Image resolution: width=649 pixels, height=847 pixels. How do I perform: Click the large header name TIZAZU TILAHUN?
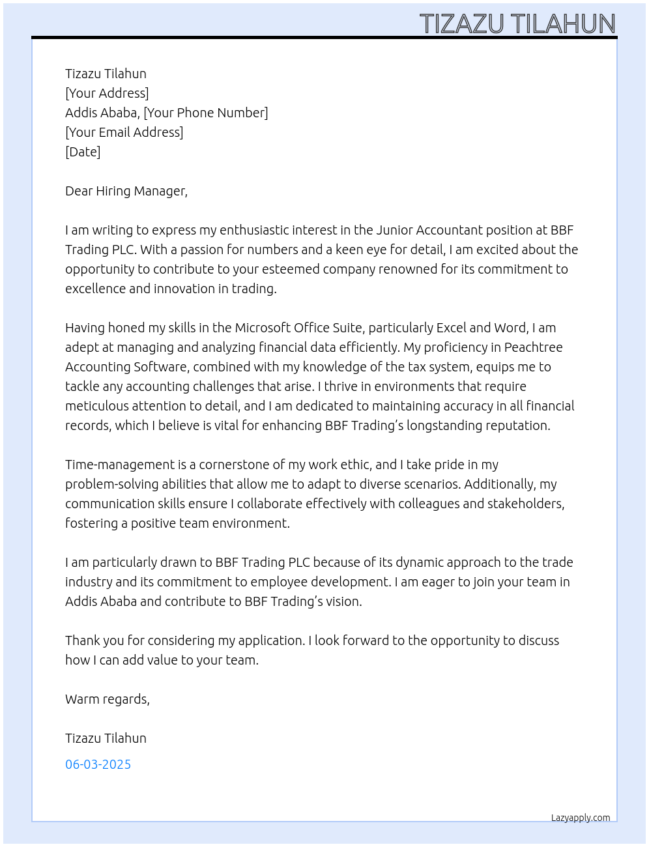(x=517, y=24)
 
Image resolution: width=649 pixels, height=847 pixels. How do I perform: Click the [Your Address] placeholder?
(x=107, y=93)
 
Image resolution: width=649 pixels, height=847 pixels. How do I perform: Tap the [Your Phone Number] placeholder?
(x=205, y=113)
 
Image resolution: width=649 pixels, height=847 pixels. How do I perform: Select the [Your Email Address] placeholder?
(x=124, y=132)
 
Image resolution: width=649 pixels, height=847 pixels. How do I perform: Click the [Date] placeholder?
(x=83, y=152)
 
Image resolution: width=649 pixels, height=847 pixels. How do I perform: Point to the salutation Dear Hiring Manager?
(x=126, y=191)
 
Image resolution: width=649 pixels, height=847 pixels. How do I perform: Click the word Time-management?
(x=120, y=465)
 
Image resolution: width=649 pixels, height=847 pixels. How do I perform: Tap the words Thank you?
(x=91, y=640)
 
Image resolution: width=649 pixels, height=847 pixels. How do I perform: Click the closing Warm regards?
(x=107, y=699)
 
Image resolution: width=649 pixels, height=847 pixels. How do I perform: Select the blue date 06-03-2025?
(x=98, y=764)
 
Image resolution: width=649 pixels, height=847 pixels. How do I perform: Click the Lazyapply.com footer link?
(x=580, y=818)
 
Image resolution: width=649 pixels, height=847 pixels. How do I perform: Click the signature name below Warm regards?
(x=106, y=738)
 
